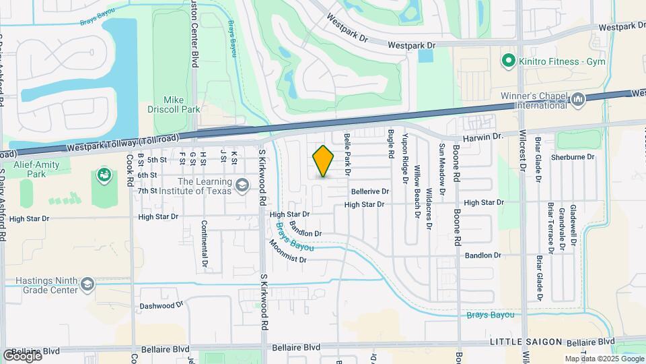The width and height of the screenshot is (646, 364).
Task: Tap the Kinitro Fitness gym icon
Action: pos(508,61)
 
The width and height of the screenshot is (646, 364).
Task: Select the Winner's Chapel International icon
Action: pos(578,100)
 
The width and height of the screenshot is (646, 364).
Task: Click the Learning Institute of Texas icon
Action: pos(241,184)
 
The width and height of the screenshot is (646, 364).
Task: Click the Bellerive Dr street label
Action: pos(370,191)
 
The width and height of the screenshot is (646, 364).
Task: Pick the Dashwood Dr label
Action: pos(161,305)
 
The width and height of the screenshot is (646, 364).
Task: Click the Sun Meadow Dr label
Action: pos(442,169)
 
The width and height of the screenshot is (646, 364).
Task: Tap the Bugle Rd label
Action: pos(390,144)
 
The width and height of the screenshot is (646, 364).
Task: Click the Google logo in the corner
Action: pos(22,355)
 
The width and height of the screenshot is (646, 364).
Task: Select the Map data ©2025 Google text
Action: pos(604,359)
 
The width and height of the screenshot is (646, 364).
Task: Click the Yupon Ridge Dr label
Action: pos(405,158)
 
